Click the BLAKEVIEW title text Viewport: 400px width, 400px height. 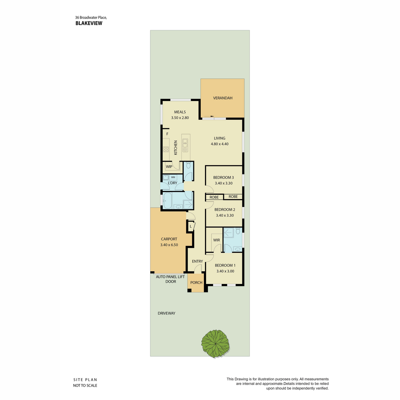89,23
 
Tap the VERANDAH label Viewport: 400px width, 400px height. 223,98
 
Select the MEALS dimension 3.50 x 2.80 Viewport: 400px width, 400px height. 180,118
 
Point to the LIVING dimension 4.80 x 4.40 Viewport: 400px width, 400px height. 220,144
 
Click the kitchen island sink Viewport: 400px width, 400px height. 185,145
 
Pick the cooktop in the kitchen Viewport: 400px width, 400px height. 166,149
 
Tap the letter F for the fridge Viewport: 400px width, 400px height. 167,134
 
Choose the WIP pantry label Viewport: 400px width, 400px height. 169,167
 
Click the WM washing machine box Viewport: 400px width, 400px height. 173,177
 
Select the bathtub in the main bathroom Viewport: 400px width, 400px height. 167,201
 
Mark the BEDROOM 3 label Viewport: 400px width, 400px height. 224,177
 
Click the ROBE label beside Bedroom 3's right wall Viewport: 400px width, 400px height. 233,197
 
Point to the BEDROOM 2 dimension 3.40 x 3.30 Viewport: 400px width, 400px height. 225,215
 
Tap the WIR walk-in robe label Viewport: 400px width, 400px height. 217,240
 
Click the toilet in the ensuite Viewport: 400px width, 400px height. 238,231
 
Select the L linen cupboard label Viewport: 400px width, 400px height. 191,226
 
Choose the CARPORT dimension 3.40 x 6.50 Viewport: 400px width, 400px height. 169,245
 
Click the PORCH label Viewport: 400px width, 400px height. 196,283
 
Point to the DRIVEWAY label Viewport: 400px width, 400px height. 166,313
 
